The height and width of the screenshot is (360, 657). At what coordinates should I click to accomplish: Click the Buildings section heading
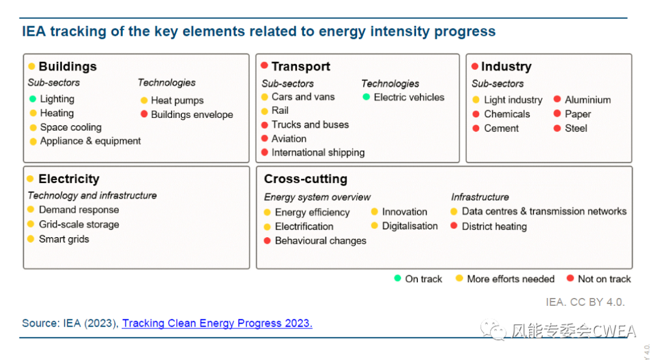pyautogui.click(x=68, y=66)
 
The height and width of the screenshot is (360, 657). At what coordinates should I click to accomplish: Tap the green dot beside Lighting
pyautogui.click(x=33, y=99)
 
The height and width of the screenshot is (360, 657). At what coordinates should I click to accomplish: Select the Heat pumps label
pyautogui.click(x=177, y=100)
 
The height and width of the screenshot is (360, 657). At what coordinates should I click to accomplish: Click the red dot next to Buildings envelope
pyautogui.click(x=144, y=114)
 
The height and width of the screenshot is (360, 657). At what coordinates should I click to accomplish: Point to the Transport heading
pyautogui.click(x=301, y=66)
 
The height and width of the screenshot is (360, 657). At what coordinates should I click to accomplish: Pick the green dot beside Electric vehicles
pyautogui.click(x=366, y=97)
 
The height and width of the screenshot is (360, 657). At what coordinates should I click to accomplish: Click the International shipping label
pyautogui.click(x=318, y=153)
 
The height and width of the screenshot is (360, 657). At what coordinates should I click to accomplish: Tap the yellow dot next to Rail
pyautogui.click(x=265, y=111)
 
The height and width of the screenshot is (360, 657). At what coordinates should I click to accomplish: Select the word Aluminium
pyautogui.click(x=588, y=100)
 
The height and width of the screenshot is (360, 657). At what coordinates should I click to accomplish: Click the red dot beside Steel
pyautogui.click(x=557, y=128)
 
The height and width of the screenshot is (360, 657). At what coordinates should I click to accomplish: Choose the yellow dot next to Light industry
pyautogui.click(x=476, y=100)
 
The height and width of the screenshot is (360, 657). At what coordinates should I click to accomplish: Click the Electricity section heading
pyautogui.click(x=69, y=179)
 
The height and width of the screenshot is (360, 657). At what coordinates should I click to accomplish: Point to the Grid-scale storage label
pyautogui.click(x=78, y=224)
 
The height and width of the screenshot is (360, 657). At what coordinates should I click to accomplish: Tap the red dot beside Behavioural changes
pyautogui.click(x=267, y=241)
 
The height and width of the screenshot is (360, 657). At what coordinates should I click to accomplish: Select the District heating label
pyautogui.click(x=494, y=227)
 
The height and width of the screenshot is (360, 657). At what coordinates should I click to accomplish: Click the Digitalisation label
pyautogui.click(x=410, y=226)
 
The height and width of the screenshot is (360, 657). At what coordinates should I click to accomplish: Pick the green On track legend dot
pyautogui.click(x=398, y=279)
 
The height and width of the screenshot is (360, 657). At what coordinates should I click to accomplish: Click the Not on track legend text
pyautogui.click(x=604, y=279)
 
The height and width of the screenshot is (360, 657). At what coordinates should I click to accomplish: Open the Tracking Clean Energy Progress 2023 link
pyautogui.click(x=217, y=323)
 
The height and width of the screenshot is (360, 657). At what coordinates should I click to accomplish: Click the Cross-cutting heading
pyautogui.click(x=305, y=179)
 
